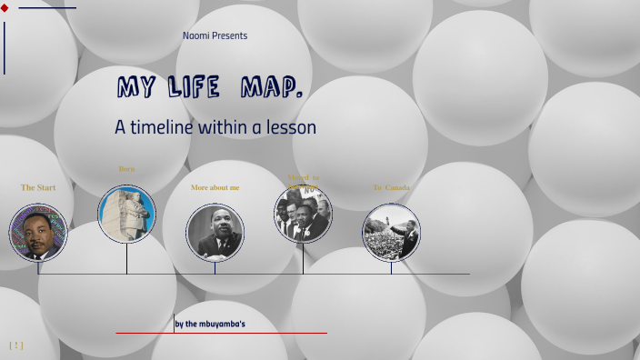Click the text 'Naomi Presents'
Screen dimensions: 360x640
click(x=215, y=35)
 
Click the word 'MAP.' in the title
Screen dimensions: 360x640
click(x=272, y=88)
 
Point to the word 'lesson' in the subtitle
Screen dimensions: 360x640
click(x=290, y=127)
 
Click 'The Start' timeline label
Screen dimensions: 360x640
click(x=38, y=187)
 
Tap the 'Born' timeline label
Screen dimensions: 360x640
click(x=126, y=168)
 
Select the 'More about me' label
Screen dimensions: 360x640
click(x=215, y=187)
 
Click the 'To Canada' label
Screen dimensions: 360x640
click(x=391, y=187)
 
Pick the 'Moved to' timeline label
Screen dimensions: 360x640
click(x=303, y=177)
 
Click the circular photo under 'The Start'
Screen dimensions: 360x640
click(x=38, y=233)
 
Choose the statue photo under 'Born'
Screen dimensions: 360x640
click(x=126, y=215)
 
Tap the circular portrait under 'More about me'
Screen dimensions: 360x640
click(x=215, y=232)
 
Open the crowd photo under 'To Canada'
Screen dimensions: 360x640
click(x=391, y=232)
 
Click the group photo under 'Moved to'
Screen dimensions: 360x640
click(x=303, y=215)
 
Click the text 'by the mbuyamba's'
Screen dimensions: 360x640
click(x=210, y=323)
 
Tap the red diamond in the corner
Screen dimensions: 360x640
click(x=5, y=7)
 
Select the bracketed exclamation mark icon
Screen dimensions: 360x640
click(x=15, y=345)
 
